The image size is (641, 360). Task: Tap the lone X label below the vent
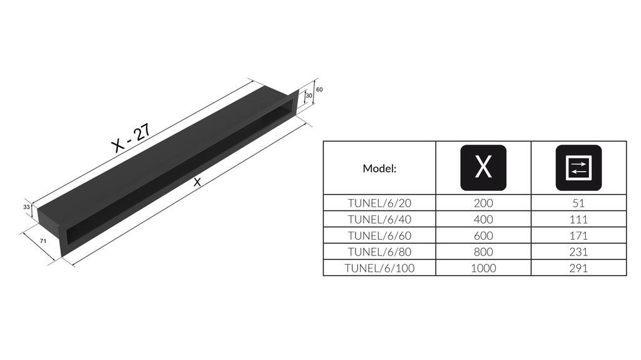197,183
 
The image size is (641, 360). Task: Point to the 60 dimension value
319,90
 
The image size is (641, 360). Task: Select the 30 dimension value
309,96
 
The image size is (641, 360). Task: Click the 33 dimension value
27,206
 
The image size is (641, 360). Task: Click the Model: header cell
379,168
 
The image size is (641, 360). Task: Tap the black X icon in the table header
483,168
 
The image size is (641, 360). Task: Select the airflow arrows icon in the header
578,168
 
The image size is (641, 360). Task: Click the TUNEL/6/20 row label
379,203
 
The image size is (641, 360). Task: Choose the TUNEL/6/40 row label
379,219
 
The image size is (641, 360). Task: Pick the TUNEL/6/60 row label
379,235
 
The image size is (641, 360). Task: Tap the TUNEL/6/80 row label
379,252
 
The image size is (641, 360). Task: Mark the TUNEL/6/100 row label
379,268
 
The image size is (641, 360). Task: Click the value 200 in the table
483,203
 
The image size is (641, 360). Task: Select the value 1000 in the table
483,268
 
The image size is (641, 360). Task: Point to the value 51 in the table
578,203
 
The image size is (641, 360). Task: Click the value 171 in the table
578,235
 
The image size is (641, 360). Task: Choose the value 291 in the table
578,268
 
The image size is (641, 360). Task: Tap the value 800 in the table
483,252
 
